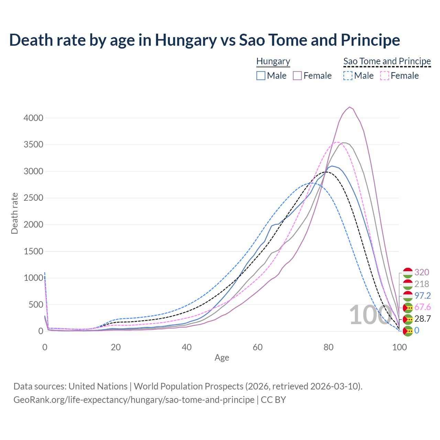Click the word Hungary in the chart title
(186, 40)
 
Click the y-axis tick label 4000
(33, 118)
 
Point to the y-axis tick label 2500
(33, 198)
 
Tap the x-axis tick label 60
(258, 347)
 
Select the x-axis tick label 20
(116, 347)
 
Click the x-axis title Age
(222, 357)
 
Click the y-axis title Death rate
(14, 213)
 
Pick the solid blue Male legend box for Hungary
(261, 76)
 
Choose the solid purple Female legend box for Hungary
(297, 76)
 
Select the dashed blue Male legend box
(348, 76)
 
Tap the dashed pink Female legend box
(385, 76)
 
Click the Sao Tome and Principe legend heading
(387, 61)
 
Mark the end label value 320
(422, 272)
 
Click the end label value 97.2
(422, 296)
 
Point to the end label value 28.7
(422, 319)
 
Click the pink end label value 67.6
(422, 307)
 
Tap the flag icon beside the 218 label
(408, 284)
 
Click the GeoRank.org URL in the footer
(134, 400)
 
